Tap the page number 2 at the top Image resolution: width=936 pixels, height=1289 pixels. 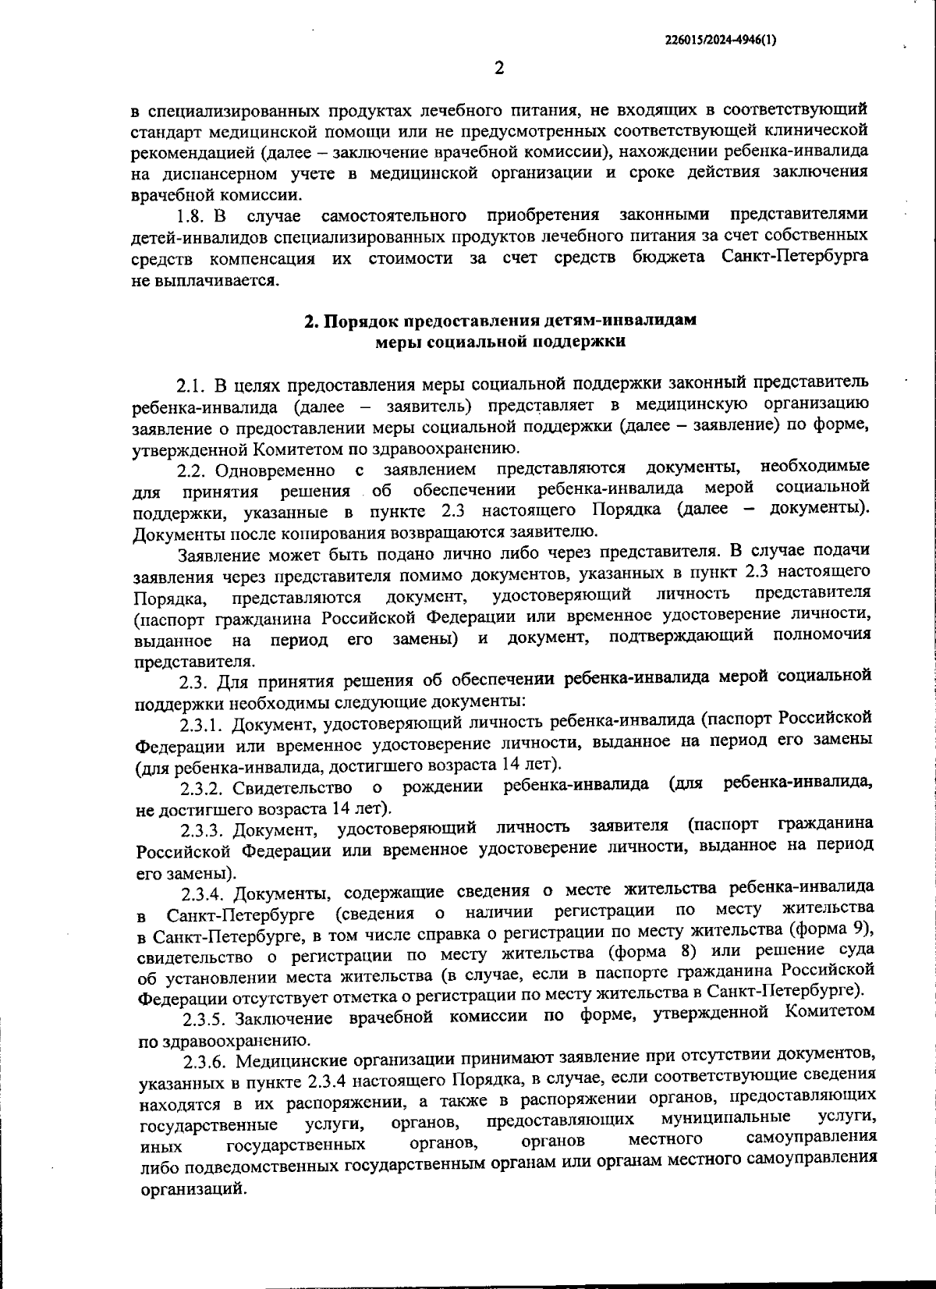499,68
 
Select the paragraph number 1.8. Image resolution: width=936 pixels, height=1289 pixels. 193,215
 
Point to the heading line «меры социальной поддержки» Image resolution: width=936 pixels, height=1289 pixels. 500,342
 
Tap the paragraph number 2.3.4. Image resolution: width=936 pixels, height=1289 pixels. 204,893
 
